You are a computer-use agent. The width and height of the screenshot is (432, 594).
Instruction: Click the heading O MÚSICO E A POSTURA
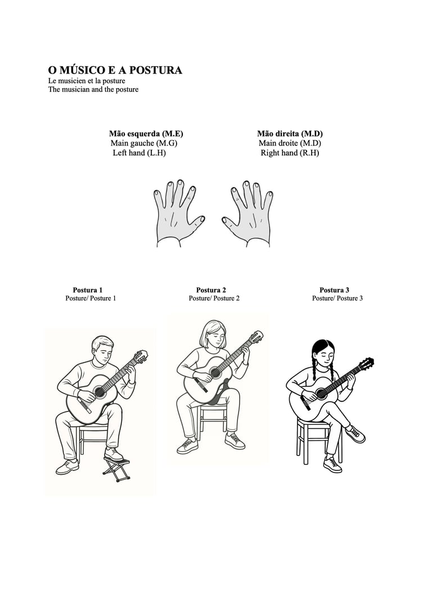pos(115,70)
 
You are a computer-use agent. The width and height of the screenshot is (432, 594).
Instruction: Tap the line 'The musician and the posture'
pos(93,89)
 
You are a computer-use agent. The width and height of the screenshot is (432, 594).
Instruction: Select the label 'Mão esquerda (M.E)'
pos(146,133)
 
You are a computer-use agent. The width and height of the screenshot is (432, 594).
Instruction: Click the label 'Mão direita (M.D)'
pos(290,133)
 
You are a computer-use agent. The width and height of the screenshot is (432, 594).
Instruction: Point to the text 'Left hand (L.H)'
pos(139,153)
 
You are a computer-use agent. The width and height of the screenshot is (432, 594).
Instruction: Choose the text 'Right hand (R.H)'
pos(290,153)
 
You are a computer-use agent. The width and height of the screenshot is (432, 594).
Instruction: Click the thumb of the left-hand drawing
pos(198,222)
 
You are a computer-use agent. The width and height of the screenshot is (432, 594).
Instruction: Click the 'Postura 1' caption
pos(88,290)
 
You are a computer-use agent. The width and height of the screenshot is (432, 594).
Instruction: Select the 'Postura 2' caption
pos(211,290)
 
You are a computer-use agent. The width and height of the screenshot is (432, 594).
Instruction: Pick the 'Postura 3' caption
pos(334,290)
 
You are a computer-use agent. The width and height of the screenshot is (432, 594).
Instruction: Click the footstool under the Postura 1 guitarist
pos(116,470)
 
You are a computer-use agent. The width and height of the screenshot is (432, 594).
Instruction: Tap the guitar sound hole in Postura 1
pos(100,391)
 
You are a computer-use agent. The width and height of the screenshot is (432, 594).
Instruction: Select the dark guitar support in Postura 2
pos(220,393)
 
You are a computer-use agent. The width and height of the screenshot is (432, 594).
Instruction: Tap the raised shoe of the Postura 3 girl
pos(355,434)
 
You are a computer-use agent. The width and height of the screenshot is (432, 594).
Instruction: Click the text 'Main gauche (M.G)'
pos(144,143)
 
